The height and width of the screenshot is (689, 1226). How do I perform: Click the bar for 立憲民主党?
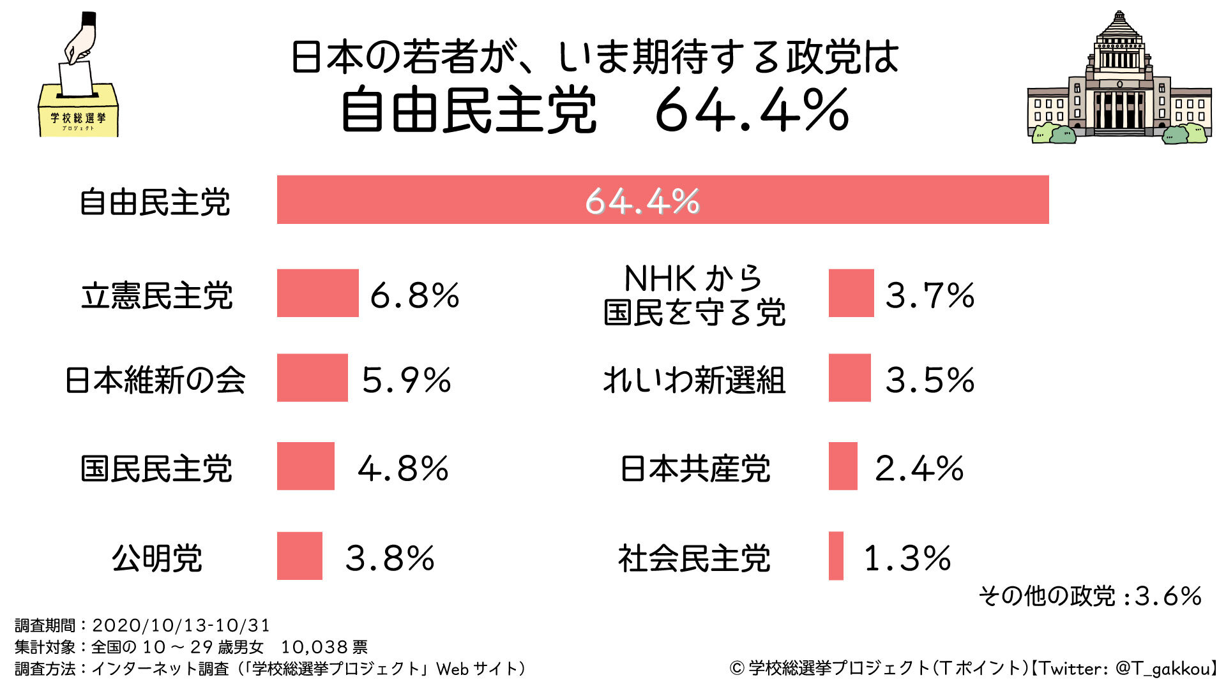[317, 293]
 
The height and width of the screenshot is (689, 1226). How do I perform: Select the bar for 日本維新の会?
[312, 378]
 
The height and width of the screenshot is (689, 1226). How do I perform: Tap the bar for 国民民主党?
[305, 466]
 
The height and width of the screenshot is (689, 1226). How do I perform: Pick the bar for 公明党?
[299, 556]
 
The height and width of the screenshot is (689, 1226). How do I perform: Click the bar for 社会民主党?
[836, 556]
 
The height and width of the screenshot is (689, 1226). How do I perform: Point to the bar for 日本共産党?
[843, 466]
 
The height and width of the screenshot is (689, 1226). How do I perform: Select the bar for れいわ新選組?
[849, 378]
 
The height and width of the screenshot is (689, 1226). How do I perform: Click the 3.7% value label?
[930, 295]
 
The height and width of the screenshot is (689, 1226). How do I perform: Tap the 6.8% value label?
[414, 295]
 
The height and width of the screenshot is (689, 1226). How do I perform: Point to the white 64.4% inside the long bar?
[642, 201]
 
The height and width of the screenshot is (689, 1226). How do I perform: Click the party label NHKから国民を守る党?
[694, 295]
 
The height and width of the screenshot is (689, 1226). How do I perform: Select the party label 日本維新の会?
[155, 380]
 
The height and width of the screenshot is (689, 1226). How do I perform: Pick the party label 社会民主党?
[694, 558]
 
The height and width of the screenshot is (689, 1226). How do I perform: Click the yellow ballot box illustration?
[79, 112]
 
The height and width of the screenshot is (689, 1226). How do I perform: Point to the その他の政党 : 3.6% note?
[1090, 596]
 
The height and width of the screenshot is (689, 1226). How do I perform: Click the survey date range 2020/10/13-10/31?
[181, 625]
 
